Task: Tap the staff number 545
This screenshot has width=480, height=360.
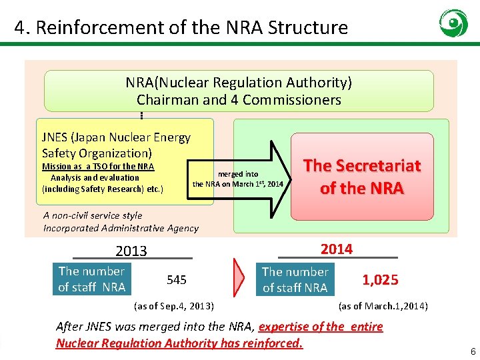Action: click(177, 280)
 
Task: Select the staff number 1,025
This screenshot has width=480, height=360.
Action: click(380, 280)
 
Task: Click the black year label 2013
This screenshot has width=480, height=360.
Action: click(131, 251)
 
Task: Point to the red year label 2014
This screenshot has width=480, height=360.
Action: click(337, 249)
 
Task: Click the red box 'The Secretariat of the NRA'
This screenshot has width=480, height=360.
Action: click(362, 177)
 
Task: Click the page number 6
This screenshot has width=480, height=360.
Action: click(473, 351)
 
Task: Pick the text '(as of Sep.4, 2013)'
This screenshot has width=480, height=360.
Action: click(174, 306)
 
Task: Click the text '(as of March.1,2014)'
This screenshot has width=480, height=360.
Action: click(383, 306)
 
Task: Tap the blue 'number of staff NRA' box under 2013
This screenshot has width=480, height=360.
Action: click(91, 279)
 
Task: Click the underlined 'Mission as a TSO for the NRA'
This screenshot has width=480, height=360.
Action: click(98, 167)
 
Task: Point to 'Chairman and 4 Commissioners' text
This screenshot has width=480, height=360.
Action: click(239, 100)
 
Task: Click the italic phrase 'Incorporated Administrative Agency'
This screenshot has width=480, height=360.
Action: click(121, 228)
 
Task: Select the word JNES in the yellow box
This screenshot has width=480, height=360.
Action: click(57, 137)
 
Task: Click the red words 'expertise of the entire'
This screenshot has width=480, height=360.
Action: click(321, 327)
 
